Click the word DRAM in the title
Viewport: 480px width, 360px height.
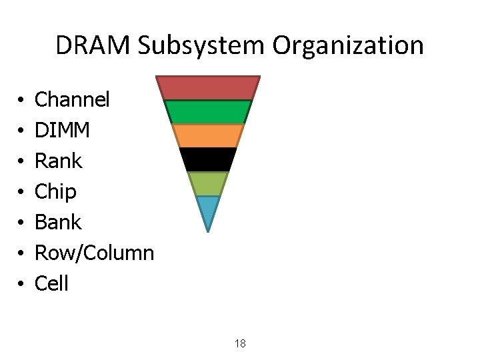[x=93, y=45]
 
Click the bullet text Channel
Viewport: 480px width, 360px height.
[x=72, y=100]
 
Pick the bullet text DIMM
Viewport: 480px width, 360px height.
[x=62, y=131]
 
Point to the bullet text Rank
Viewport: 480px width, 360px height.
[x=58, y=161]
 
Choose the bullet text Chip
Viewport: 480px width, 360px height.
[x=55, y=192]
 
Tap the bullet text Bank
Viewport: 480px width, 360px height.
[x=58, y=222]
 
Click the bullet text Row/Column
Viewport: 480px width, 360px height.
[x=94, y=253]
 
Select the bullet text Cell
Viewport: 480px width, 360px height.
[x=51, y=283]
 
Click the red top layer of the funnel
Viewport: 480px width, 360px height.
[x=208, y=87]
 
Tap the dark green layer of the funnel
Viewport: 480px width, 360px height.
[x=208, y=112]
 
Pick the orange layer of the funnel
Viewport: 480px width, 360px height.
[x=208, y=135]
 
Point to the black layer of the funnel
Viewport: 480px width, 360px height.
[x=208, y=159]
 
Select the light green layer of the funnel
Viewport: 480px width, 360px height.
[x=208, y=183]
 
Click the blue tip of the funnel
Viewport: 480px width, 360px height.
[x=208, y=210]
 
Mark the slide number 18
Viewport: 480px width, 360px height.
[x=240, y=344]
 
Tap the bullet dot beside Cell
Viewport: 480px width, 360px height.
[x=23, y=285]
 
